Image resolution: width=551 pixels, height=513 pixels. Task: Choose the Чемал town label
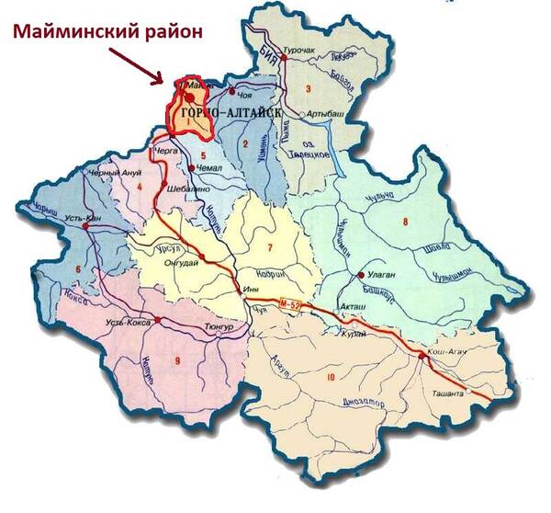tap(210, 168)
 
